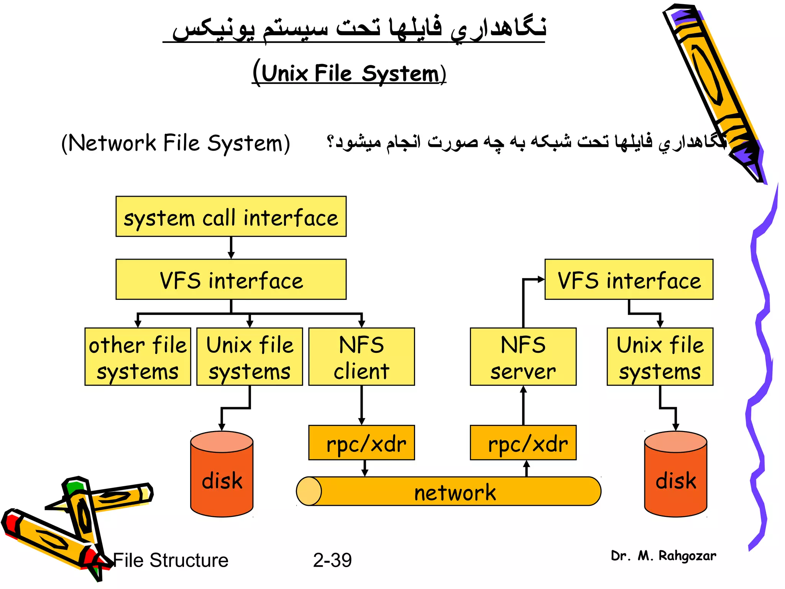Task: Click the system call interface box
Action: click(231, 217)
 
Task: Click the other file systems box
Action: click(138, 357)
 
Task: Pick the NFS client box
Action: click(361, 357)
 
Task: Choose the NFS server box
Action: click(523, 357)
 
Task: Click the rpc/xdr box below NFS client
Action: click(361, 443)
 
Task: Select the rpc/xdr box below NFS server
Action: click(523, 443)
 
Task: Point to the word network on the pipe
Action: click(455, 492)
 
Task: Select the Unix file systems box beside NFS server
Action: click(660, 357)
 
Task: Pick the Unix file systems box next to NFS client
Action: click(250, 357)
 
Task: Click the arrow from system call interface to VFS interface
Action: click(231, 248)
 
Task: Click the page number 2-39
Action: click(332, 560)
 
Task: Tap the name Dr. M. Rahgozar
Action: click(663, 556)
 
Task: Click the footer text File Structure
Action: click(171, 560)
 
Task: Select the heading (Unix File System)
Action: click(349, 73)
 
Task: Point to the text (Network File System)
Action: click(176, 143)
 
